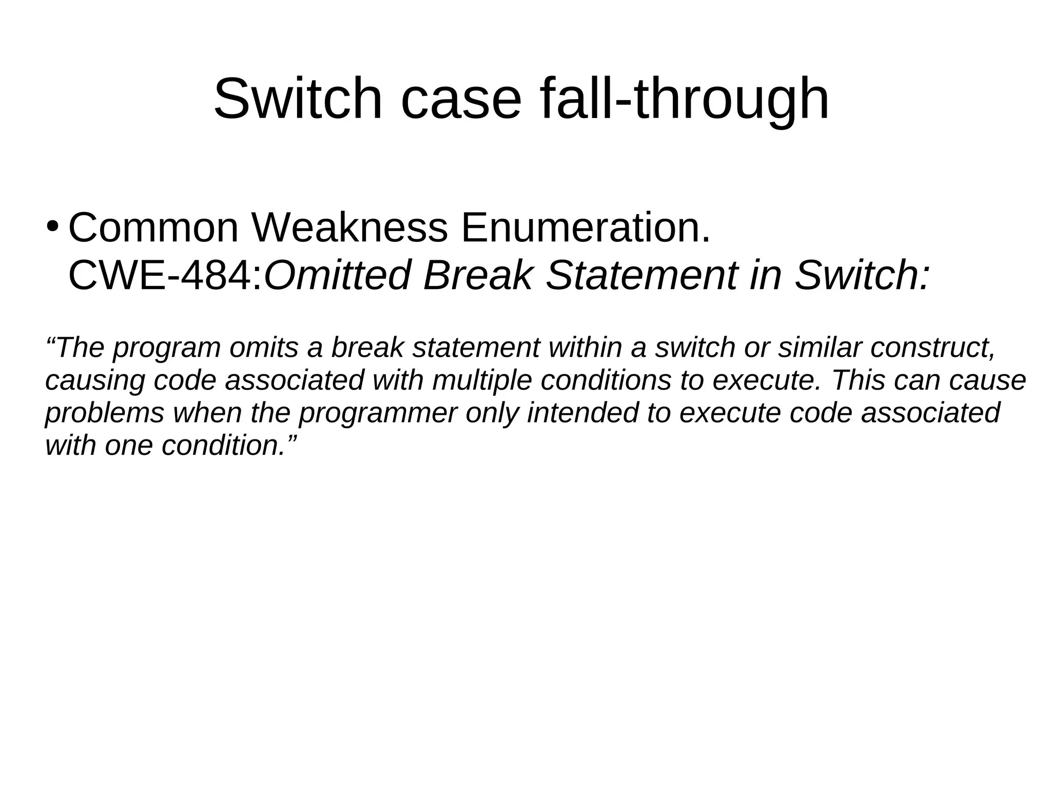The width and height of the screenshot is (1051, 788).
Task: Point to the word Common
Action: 153,227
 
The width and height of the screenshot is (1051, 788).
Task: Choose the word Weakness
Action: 349,227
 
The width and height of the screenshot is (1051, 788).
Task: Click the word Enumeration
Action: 586,227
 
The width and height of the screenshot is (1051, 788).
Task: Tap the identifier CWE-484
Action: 164,275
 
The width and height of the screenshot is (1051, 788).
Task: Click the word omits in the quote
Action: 264,348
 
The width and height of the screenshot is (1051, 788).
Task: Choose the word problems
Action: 105,413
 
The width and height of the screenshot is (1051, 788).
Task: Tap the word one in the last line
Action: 128,445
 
